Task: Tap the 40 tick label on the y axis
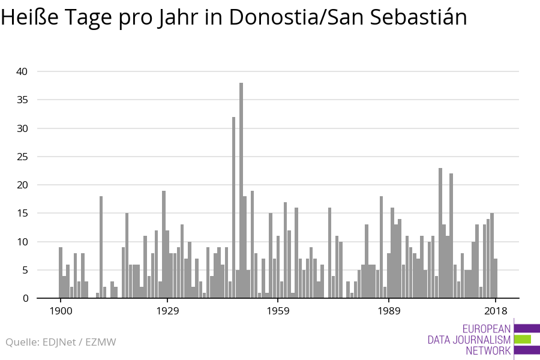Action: click(x=22, y=71)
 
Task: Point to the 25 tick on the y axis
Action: click(x=22, y=157)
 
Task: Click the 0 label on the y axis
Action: click(x=25, y=298)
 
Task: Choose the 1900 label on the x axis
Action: click(x=61, y=311)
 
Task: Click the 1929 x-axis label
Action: click(x=167, y=311)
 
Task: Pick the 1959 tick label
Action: click(x=278, y=311)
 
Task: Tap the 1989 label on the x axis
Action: click(x=388, y=311)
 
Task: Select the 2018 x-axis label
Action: click(x=495, y=311)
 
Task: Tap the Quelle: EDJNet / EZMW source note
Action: click(x=61, y=342)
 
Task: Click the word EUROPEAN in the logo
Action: click(x=487, y=329)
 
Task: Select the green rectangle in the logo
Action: click(x=523, y=339)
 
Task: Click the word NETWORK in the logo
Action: click(x=488, y=350)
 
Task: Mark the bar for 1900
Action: click(x=61, y=272)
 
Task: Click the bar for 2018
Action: click(x=496, y=278)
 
